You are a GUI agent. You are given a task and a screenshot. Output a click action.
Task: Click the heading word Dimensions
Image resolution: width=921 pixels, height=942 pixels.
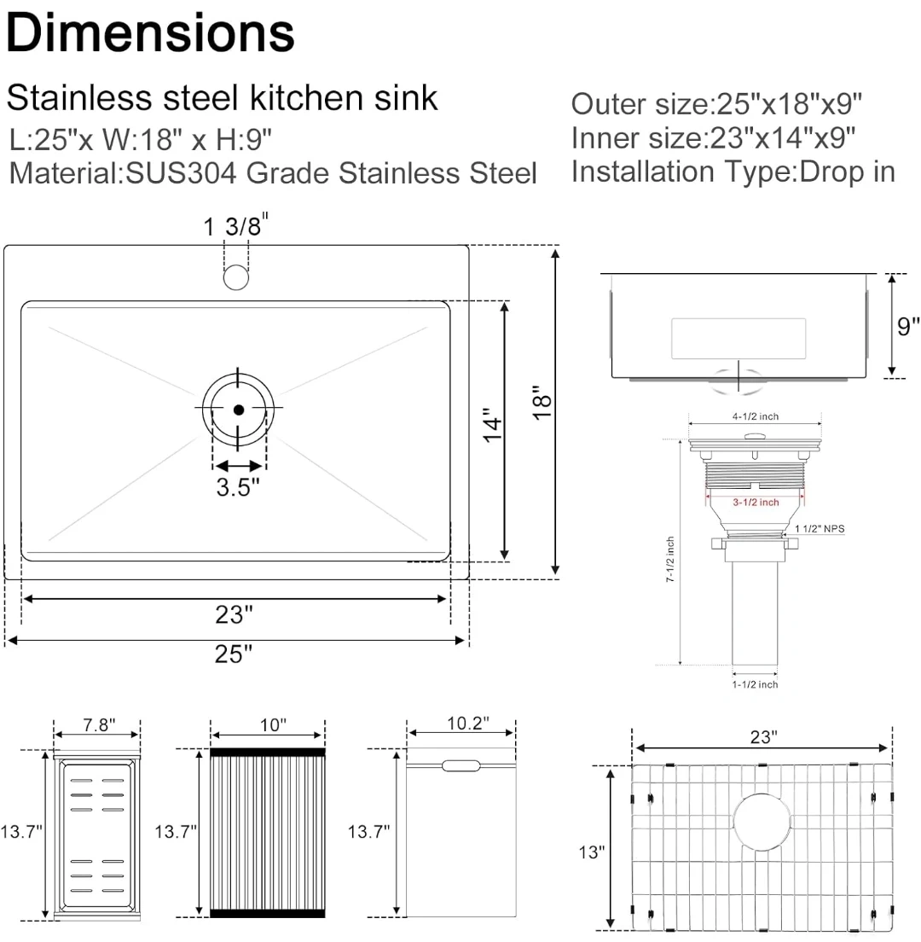click(x=150, y=33)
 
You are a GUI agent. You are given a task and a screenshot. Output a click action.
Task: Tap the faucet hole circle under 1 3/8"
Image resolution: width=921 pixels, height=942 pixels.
click(x=235, y=276)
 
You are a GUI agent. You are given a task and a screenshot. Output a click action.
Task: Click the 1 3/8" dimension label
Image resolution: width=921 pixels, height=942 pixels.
click(x=235, y=227)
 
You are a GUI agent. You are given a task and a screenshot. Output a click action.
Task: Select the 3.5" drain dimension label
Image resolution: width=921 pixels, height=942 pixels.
click(x=237, y=488)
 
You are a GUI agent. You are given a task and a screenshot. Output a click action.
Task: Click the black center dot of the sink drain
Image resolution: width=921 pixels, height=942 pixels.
click(x=238, y=410)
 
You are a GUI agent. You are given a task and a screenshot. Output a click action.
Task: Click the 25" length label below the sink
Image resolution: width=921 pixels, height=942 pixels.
click(x=235, y=654)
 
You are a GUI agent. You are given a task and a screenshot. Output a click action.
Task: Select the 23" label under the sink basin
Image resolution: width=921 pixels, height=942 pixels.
click(x=235, y=613)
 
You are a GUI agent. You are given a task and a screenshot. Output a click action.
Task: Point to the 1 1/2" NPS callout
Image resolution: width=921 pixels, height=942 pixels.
click(x=820, y=529)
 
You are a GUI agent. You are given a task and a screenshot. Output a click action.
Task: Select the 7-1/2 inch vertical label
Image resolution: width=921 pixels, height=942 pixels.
click(x=670, y=559)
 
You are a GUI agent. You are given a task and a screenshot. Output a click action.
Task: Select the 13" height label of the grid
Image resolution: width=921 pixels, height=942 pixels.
click(x=590, y=852)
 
